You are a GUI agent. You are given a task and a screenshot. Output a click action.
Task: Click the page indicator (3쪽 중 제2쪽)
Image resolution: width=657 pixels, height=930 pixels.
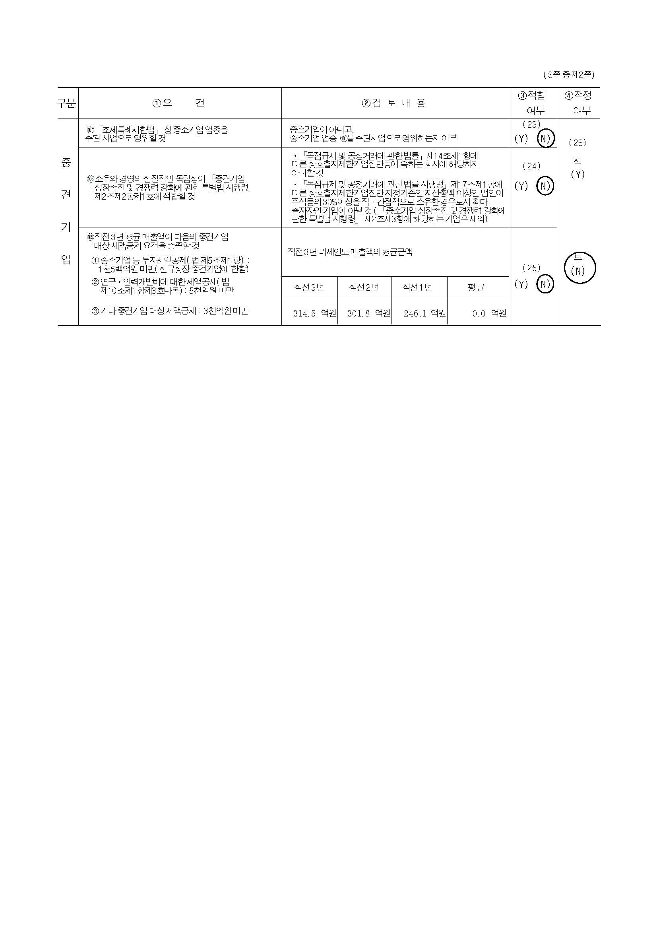click(568, 74)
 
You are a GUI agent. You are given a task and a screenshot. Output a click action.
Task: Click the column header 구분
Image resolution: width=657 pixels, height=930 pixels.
click(66, 103)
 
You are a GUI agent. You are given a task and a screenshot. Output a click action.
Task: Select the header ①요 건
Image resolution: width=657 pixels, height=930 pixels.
click(178, 103)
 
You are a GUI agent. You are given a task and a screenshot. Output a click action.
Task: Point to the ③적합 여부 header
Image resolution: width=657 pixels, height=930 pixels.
click(533, 103)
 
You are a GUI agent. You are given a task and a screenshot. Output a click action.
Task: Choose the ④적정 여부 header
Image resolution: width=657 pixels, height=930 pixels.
click(578, 103)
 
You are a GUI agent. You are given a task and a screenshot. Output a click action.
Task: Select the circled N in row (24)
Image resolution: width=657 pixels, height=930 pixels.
click(545, 186)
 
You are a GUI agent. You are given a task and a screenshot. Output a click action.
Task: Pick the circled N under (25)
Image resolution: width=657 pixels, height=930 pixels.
click(545, 284)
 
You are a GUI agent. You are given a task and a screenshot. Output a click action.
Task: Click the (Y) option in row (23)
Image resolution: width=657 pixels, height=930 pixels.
click(521, 138)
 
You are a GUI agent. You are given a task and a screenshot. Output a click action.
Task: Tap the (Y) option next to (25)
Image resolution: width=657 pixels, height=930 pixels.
click(521, 284)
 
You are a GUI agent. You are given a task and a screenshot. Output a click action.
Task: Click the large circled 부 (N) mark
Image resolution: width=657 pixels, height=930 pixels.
click(579, 267)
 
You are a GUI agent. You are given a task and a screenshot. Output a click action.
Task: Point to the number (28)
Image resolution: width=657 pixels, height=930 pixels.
click(577, 143)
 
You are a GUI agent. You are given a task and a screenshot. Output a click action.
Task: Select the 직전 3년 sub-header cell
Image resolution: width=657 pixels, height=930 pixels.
click(309, 287)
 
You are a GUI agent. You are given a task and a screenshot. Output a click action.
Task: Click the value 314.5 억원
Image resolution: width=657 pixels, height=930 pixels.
click(314, 313)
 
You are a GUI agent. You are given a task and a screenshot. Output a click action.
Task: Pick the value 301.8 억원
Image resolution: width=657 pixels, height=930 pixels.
click(368, 313)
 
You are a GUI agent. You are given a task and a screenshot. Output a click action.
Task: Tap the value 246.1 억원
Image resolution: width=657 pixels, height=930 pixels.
click(424, 313)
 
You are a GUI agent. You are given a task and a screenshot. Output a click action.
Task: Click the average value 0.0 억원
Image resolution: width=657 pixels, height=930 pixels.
click(489, 313)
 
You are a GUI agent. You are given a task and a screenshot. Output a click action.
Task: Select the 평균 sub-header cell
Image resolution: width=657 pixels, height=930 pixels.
click(476, 287)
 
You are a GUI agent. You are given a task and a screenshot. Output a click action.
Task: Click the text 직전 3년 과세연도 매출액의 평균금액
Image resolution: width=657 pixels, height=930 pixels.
click(350, 252)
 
